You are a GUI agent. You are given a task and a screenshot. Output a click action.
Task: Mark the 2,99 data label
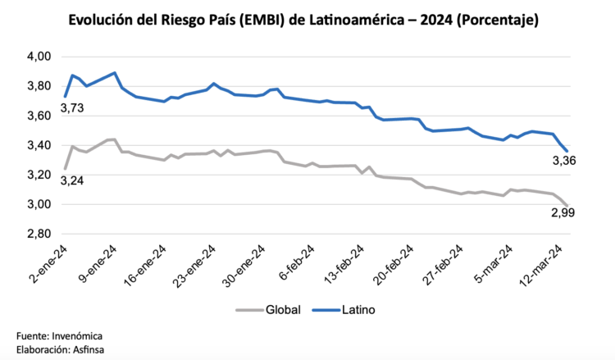562,213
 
